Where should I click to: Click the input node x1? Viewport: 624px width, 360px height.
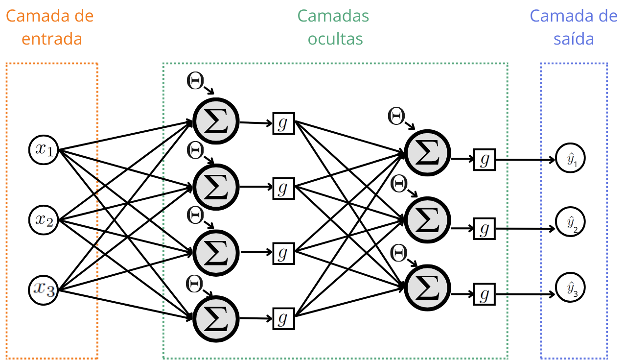pos(44,149)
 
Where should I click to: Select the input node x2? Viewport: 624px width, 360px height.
pos(44,220)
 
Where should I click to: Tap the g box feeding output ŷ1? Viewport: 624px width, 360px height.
pos(485,160)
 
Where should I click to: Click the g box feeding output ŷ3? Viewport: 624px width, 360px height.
pos(485,294)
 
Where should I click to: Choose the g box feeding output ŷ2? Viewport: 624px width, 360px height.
pos(485,228)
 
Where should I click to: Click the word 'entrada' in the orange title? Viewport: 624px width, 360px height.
pos(52,39)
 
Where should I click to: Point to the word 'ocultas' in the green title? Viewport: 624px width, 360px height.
pos(335,39)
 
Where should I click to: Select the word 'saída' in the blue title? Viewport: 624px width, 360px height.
pos(574,39)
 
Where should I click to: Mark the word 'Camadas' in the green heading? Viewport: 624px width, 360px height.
pos(333,16)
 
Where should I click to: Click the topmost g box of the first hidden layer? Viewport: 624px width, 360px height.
pos(283,123)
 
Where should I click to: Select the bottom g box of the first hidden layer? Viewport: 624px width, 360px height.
pos(283,318)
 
